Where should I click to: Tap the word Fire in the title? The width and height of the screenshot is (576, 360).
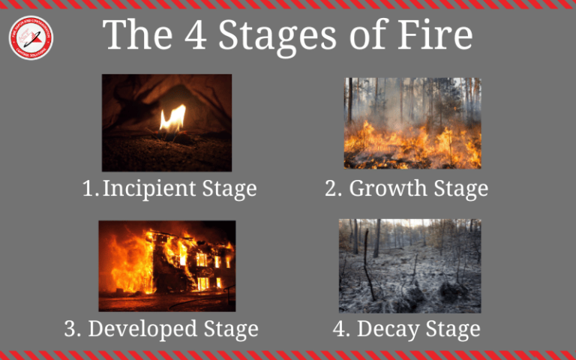tap(433, 35)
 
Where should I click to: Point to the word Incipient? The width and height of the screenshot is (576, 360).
tap(149, 189)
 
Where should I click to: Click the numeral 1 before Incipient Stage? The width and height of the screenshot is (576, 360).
tap(89, 188)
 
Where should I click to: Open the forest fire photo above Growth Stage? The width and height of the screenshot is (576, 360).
tap(412, 122)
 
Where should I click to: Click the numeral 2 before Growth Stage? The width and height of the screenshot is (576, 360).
tap(333, 188)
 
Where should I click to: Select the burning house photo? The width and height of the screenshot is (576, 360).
tap(167, 265)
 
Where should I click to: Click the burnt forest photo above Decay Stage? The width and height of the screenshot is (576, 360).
tap(409, 265)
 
